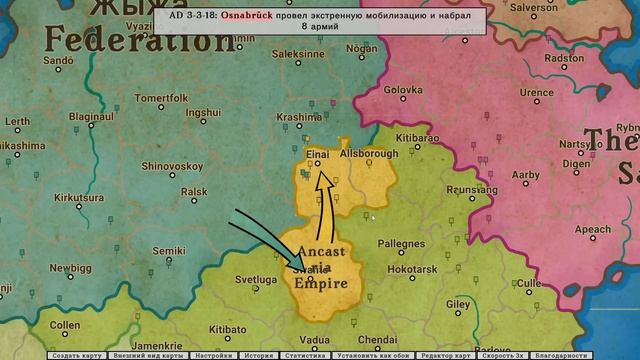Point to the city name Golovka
(x=404, y=89)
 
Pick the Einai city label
(x=317, y=153)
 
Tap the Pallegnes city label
(x=400, y=243)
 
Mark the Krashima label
(x=298, y=117)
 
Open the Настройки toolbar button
(x=214, y=355)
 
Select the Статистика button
(x=304, y=355)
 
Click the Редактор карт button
(x=446, y=355)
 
